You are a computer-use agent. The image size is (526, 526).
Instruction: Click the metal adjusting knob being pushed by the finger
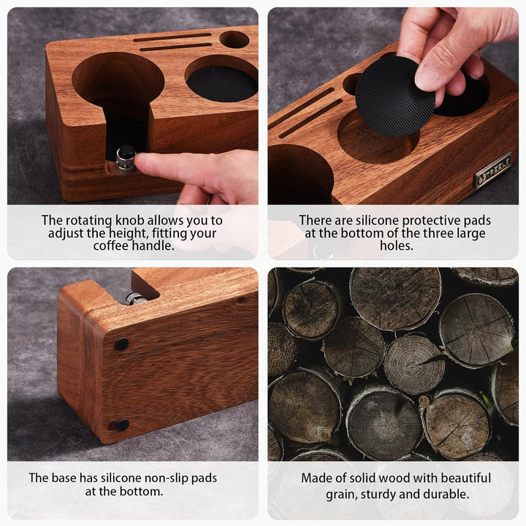click(126, 159)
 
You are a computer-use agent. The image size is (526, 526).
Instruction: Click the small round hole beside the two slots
click(235, 39)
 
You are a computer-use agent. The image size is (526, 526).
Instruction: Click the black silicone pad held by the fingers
click(394, 96)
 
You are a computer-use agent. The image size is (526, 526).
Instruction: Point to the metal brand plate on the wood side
click(492, 169)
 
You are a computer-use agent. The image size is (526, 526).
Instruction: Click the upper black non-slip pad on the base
click(121, 344)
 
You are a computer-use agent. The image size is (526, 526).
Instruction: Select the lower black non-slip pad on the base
click(122, 425)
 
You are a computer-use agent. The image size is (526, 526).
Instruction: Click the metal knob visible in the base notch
click(135, 299)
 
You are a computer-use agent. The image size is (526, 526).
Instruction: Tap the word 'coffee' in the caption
click(111, 246)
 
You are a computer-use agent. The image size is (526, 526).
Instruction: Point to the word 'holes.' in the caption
click(397, 246)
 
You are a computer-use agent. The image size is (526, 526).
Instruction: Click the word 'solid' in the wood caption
click(369, 478)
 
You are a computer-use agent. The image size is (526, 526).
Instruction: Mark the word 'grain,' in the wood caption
click(342, 495)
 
